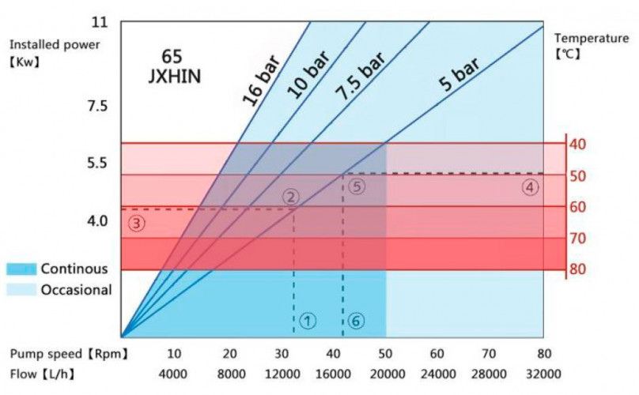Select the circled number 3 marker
137,224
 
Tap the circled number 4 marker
529,188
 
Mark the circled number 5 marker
357,187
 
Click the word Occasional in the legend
76,290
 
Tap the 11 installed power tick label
98,21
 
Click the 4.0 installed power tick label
98,220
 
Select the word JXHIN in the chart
176,77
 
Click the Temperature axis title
591,38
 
